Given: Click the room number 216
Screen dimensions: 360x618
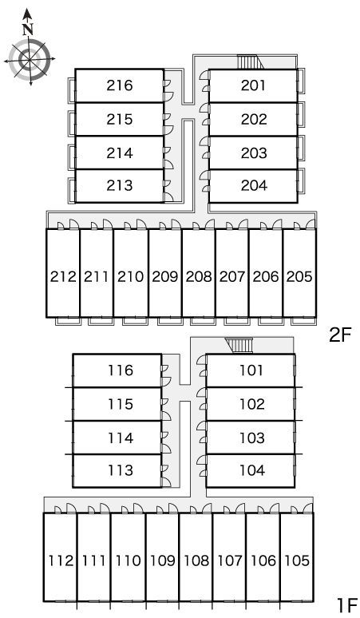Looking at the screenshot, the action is tap(120, 85).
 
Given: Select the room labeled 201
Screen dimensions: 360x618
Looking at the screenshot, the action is tap(253, 85).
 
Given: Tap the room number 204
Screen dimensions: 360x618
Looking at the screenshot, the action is tap(254, 185).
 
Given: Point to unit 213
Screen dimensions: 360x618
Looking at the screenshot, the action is tap(120, 185).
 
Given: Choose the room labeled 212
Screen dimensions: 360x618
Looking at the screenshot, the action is tap(63, 277).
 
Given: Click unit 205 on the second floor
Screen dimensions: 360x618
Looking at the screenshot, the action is tap(299, 277).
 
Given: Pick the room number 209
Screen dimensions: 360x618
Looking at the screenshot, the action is tap(165, 277).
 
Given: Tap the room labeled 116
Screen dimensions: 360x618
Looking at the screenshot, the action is tap(121, 370).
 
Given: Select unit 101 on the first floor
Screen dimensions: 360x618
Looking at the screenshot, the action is tap(251, 370).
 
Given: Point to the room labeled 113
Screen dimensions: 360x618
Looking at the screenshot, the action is tap(121, 470).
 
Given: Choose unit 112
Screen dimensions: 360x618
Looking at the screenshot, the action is tap(61, 560).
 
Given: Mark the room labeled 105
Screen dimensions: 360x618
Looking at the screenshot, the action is tap(297, 560).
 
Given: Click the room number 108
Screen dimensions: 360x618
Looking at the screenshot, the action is tap(196, 560).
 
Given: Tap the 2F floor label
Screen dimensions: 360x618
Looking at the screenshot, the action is tap(339, 335).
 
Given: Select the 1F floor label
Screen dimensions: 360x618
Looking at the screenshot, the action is tap(346, 604).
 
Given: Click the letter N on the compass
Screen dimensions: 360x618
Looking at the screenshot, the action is tap(27, 30).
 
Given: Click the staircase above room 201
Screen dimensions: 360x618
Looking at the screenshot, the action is tap(250, 61).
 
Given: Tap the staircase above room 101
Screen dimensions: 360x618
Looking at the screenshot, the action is tap(239, 346).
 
